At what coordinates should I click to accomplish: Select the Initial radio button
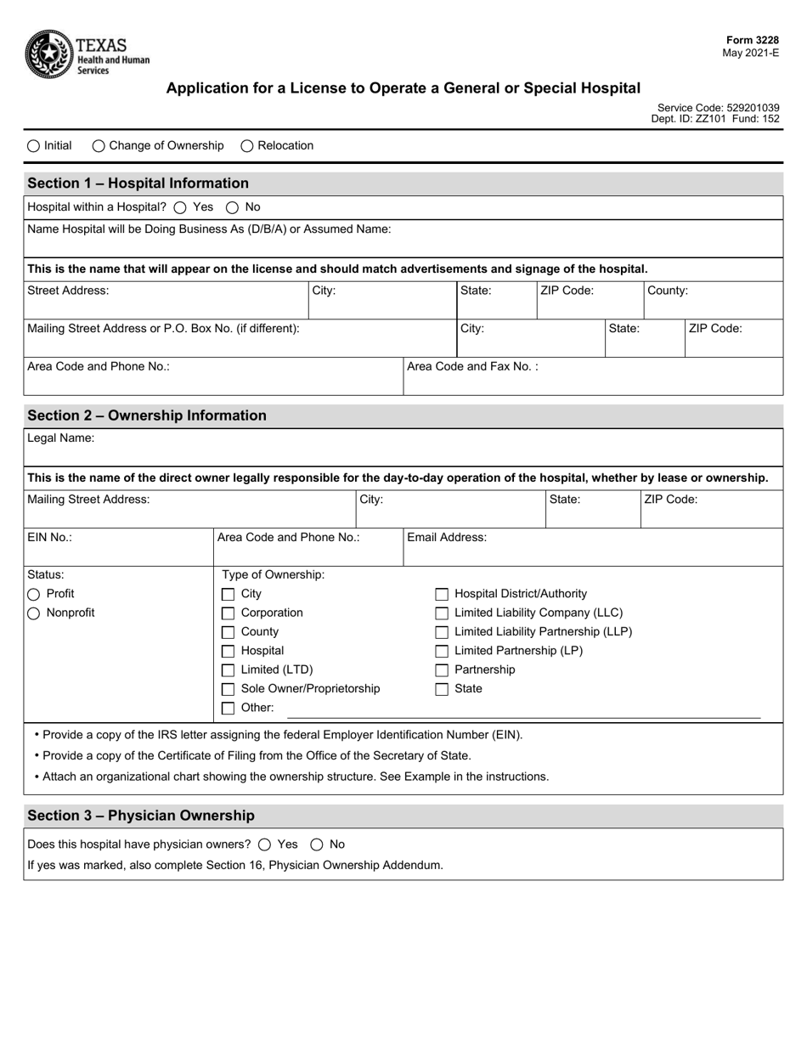33,146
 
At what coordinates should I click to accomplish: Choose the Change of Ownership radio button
99,146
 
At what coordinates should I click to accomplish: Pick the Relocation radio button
247,146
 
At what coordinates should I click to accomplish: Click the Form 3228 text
752,41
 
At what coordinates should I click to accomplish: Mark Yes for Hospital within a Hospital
180,207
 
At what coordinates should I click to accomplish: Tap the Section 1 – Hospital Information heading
138,184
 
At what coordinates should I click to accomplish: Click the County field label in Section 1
668,291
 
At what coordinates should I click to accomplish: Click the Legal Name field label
61,438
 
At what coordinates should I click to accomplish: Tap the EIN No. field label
50,537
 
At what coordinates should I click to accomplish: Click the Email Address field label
447,537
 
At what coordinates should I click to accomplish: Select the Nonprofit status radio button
34,613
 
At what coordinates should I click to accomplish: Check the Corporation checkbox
228,613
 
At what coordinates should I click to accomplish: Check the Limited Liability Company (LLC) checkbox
442,613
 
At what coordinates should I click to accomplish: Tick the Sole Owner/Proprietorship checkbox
228,689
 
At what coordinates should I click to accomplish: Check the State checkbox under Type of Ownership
442,689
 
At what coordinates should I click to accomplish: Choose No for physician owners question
317,844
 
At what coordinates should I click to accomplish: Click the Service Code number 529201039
753,108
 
